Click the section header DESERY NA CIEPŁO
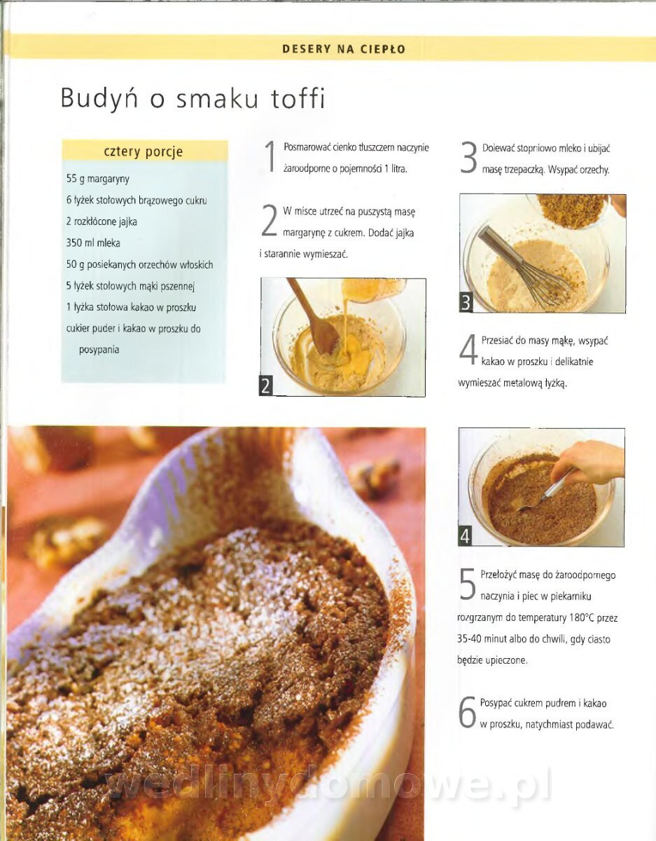344,49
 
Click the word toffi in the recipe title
298,99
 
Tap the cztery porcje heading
144,151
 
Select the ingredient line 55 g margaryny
98,179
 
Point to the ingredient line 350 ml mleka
93,243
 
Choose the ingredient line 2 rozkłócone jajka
102,221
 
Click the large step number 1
271,156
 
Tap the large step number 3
469,157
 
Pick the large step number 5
468,584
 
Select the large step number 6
467,712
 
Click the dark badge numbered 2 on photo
266,386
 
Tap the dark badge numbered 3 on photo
466,303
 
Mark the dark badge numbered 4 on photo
465,536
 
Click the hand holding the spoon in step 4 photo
587,463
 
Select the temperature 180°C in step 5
582,617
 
